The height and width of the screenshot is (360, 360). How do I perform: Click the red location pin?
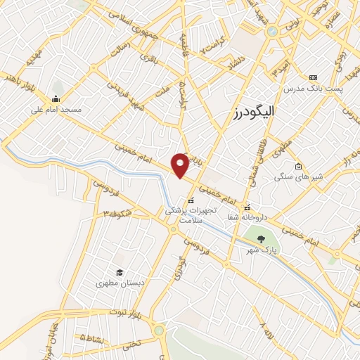click(x=180, y=165)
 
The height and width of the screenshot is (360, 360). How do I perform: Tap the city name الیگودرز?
click(x=254, y=112)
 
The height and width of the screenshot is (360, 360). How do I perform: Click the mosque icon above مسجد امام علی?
click(x=56, y=98)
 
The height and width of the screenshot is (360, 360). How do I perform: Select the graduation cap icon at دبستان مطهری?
click(x=120, y=272)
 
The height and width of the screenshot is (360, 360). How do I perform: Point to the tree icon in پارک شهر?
click(x=261, y=239)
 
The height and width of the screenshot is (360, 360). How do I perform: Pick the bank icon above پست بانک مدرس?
click(x=313, y=77)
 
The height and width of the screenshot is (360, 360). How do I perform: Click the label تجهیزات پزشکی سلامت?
click(x=188, y=214)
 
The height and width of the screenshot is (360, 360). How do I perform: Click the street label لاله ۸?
click(x=264, y=328)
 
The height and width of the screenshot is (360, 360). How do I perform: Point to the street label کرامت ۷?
click(x=212, y=48)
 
